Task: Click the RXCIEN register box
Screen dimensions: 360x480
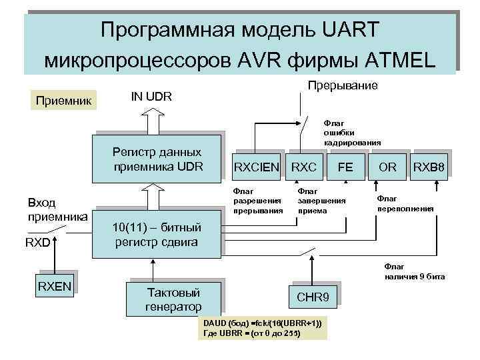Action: coord(256,165)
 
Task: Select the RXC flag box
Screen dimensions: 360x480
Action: coord(304,165)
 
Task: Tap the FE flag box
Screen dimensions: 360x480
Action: coord(345,165)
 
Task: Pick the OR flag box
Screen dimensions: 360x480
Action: coord(387,165)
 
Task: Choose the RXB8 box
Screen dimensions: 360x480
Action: coord(428,165)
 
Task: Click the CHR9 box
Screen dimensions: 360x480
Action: coord(312,297)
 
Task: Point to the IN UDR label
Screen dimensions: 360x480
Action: coord(151,97)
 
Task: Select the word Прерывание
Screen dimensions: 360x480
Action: coord(342,85)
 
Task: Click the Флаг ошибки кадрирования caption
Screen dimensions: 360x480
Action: coord(352,132)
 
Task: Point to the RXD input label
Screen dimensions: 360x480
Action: coord(37,242)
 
